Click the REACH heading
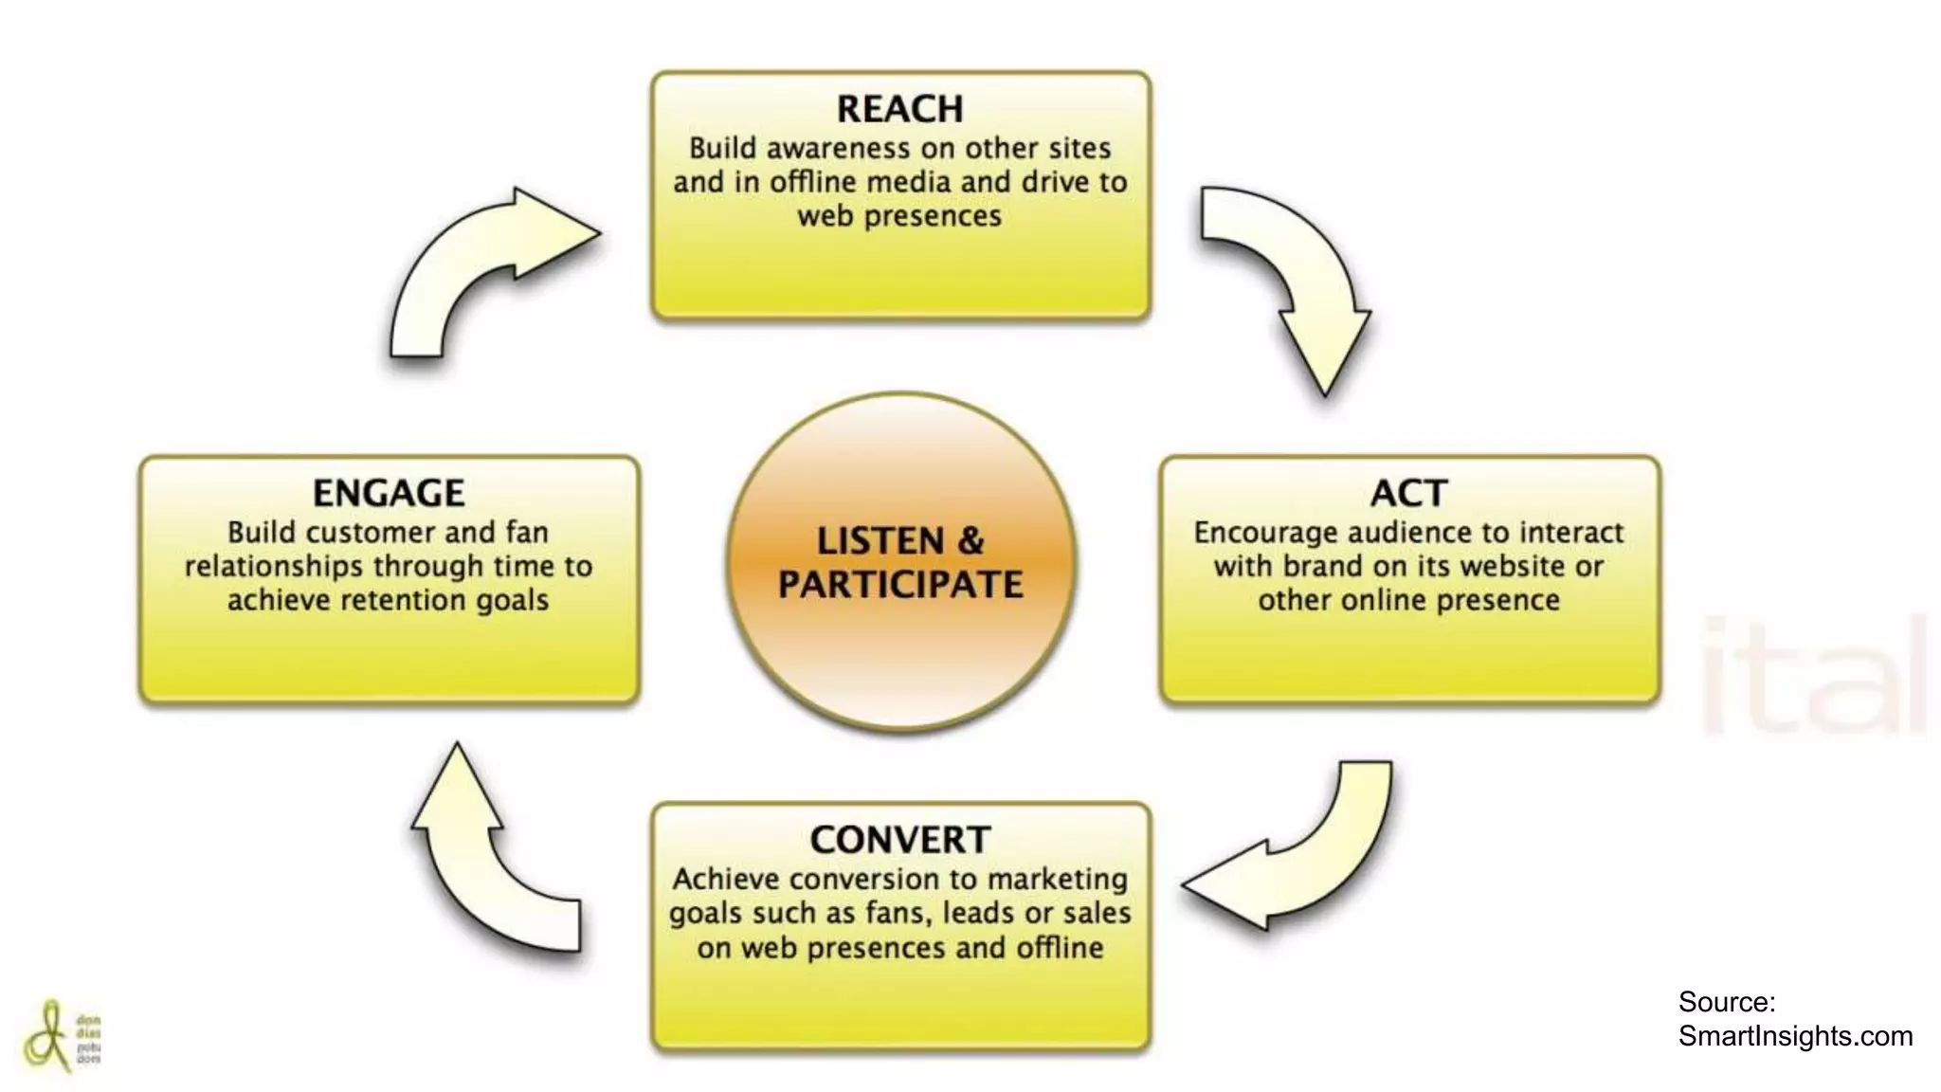(899, 109)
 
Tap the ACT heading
(1408, 493)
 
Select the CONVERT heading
(899, 840)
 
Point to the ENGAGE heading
(389, 493)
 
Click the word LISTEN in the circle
(880, 541)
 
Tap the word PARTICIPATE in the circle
(900, 585)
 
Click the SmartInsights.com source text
(1795, 1036)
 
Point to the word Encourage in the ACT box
(1261, 533)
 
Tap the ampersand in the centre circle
(971, 541)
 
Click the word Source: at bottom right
(1727, 1002)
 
